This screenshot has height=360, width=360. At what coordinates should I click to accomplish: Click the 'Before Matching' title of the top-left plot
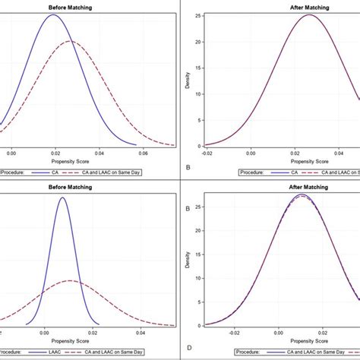pos(72,5)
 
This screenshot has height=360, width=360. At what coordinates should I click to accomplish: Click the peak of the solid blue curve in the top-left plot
pos(52,15)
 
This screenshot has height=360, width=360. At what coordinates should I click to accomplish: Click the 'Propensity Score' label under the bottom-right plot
pos(288,342)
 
